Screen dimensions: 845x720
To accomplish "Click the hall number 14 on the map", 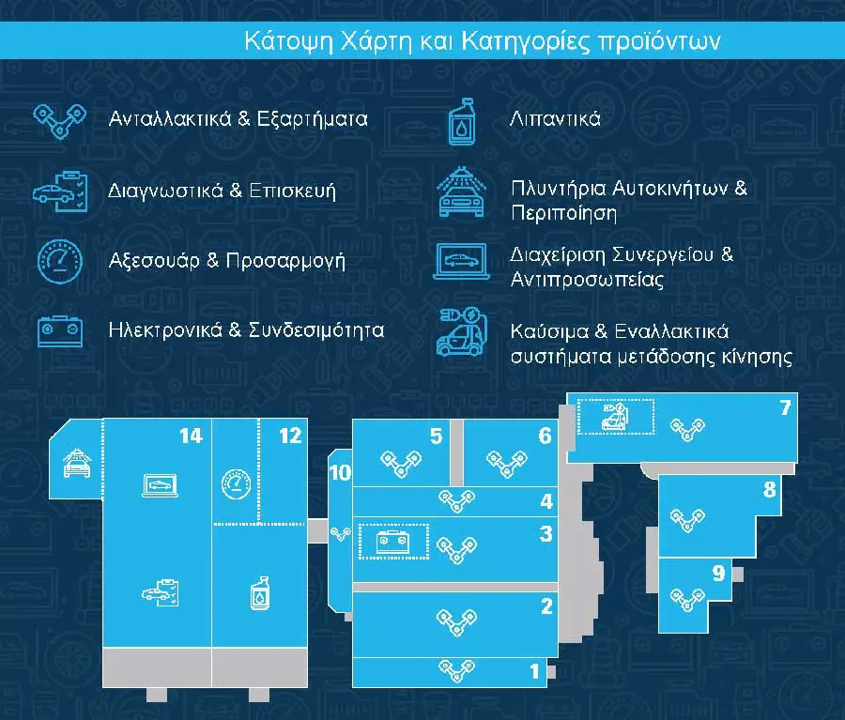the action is click(x=191, y=436).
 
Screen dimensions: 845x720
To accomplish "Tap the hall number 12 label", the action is click(x=290, y=436).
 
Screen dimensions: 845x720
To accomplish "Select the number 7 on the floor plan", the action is click(x=785, y=407).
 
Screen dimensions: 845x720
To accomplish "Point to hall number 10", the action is click(x=340, y=472).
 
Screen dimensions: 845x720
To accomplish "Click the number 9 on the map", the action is click(x=718, y=573).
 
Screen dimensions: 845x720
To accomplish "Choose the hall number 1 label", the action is click(x=534, y=671).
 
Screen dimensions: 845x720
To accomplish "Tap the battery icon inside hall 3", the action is click(x=392, y=542).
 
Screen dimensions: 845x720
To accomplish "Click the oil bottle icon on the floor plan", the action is click(x=260, y=593).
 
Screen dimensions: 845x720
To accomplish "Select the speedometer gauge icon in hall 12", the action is click(x=236, y=484).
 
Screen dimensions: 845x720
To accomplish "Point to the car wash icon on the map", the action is click(x=78, y=463).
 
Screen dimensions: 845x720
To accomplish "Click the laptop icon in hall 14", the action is click(x=160, y=485).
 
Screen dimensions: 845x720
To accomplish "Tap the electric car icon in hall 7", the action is click(x=615, y=417).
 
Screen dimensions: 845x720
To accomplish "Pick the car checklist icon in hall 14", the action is click(x=160, y=593).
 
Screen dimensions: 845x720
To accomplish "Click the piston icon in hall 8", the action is click(x=687, y=519).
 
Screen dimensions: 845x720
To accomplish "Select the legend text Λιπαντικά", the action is click(x=555, y=118).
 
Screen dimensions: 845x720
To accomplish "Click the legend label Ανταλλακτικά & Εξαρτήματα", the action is click(x=238, y=118).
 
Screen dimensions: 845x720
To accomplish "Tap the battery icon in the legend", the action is click(x=60, y=330).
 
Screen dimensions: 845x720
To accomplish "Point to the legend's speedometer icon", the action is click(x=60, y=261).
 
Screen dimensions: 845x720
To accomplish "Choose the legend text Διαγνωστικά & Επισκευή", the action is click(x=222, y=191).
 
